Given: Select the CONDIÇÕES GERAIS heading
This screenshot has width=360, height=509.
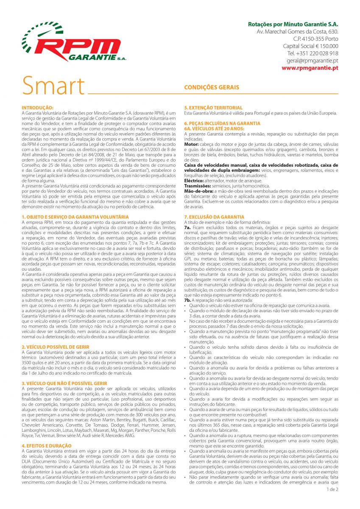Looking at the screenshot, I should (212, 87).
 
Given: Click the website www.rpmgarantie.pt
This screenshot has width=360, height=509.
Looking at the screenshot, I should (310, 67).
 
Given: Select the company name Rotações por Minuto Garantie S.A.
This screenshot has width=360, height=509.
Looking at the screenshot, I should (293, 24).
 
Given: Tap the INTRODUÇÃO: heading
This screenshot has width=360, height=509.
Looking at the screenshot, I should (37, 108).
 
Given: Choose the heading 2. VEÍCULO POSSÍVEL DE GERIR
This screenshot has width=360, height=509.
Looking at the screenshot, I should (55, 347).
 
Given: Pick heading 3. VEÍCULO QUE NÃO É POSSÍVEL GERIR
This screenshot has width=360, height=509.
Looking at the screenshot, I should (64, 383).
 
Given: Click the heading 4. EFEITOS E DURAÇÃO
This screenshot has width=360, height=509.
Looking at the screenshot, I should (47, 446).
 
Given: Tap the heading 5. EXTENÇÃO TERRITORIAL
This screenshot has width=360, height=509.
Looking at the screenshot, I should (213, 108).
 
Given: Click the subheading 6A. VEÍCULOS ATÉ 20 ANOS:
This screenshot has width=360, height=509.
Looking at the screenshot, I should (214, 128).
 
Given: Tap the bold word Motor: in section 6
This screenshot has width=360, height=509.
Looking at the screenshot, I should (191, 145).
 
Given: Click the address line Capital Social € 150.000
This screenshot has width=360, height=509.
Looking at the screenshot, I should (310, 46).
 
